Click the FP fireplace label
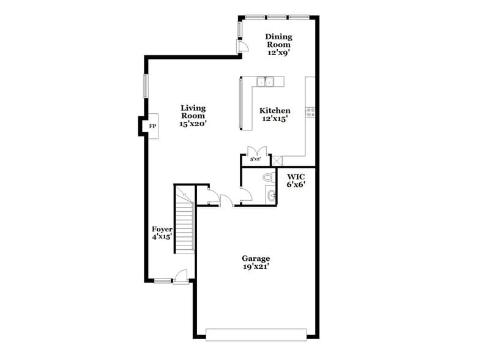(152, 126)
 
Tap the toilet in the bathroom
(267, 178)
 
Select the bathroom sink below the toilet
(270, 196)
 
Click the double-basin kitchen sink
(269, 81)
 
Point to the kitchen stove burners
(310, 112)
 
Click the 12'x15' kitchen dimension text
(275, 119)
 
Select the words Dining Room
(278, 40)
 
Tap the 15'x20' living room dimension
(193, 124)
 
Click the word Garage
(256, 258)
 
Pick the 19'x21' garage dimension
(256, 266)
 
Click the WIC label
(296, 176)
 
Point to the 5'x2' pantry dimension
(255, 160)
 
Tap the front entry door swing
(181, 277)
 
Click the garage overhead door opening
(256, 334)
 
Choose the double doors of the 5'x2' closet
(255, 151)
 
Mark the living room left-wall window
(146, 85)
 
